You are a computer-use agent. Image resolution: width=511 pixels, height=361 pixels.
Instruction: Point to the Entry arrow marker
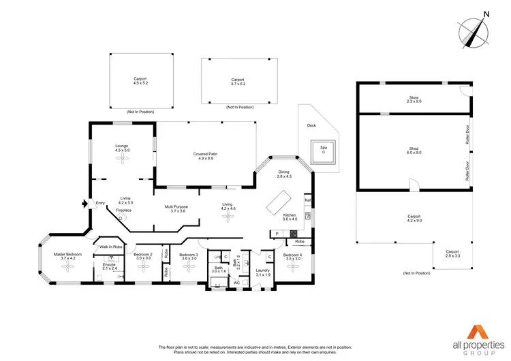coord(84,202)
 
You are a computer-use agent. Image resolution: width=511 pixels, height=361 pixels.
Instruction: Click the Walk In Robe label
coord(110,247)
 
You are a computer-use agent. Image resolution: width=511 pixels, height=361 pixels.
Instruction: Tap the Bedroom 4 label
coord(293,257)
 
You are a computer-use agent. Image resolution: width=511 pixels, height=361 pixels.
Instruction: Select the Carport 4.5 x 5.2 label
coord(140,81)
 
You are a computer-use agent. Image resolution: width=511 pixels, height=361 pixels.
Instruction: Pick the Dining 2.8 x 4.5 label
coord(284,174)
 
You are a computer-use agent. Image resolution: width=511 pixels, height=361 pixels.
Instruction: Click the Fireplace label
coord(123,210)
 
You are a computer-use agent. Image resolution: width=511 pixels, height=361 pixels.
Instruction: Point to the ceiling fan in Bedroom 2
coord(144,266)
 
